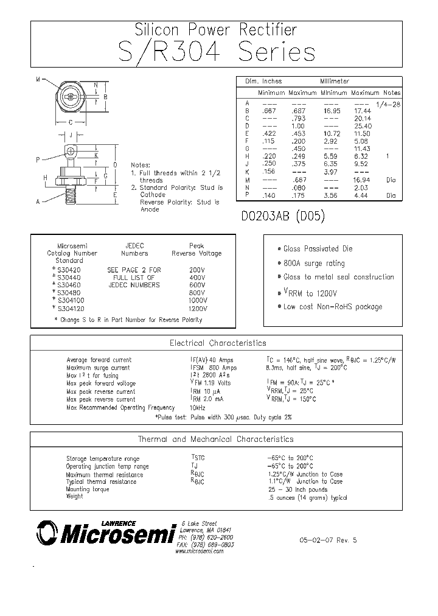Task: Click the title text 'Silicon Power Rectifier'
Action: [216, 29]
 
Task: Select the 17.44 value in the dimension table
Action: [363, 111]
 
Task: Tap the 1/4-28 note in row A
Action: [389, 104]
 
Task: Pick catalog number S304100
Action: [68, 301]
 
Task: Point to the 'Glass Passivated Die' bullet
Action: [318, 249]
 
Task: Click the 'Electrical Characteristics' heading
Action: [217, 343]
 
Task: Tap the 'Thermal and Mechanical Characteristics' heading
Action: [215, 439]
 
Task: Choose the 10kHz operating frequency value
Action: [198, 408]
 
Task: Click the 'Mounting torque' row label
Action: [87, 489]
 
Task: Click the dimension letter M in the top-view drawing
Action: [38, 80]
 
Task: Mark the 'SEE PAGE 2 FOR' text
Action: [134, 270]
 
